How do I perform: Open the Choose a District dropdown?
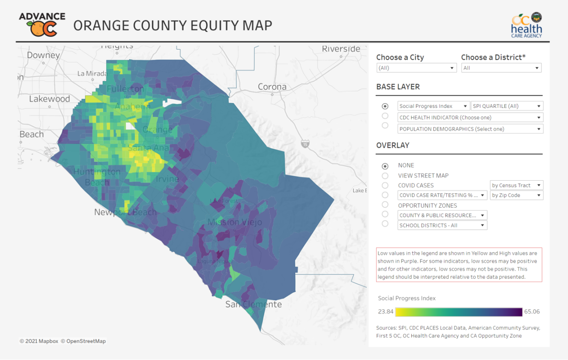(501, 68)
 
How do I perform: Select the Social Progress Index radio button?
(385, 106)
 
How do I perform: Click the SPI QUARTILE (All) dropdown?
(507, 106)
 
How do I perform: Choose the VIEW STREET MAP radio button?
(385, 176)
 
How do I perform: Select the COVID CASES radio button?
(385, 185)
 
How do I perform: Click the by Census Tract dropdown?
(516, 185)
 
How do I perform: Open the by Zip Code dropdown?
(516, 195)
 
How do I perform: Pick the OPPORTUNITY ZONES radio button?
(385, 205)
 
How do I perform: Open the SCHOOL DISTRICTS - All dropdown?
(442, 226)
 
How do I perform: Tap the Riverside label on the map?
(341, 49)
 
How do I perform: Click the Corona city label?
(272, 87)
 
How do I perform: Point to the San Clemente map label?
(253, 304)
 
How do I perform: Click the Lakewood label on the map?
(49, 99)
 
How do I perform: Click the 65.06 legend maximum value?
(532, 312)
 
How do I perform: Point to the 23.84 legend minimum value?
(386, 312)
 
